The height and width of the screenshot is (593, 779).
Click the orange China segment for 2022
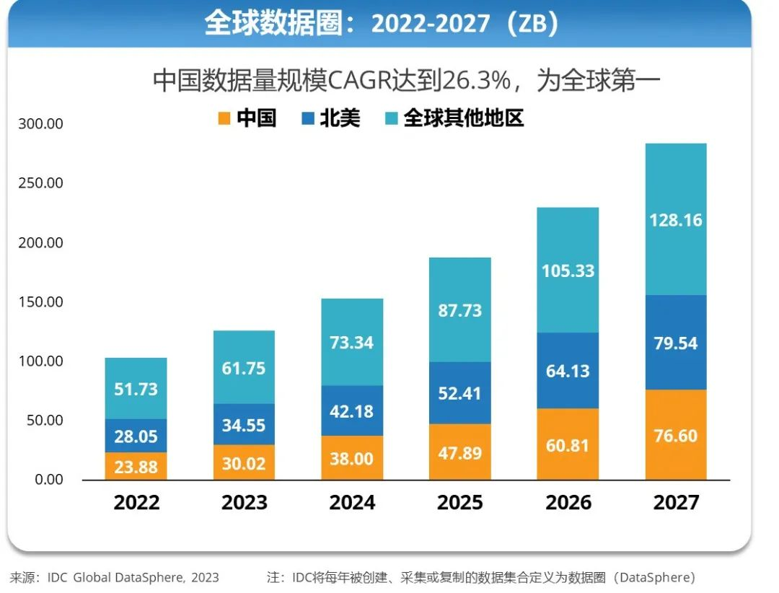[x=136, y=466]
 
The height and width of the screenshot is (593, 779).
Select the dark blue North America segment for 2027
[x=676, y=343]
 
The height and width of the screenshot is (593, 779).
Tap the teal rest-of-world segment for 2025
[x=459, y=309]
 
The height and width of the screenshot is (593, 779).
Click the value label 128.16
[x=676, y=220]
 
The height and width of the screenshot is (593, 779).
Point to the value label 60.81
[x=568, y=445]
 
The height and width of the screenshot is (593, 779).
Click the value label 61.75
[x=244, y=369]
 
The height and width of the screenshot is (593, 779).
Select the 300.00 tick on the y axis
[x=41, y=124]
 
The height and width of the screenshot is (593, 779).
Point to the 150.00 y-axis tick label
[x=41, y=302]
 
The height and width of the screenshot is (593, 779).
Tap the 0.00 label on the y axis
[x=48, y=480]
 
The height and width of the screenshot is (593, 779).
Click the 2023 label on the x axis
[x=244, y=503]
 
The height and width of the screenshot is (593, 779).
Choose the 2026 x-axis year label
[x=568, y=503]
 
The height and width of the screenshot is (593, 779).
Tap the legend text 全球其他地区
[x=463, y=118]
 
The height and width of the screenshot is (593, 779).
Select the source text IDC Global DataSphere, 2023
[x=133, y=578]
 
